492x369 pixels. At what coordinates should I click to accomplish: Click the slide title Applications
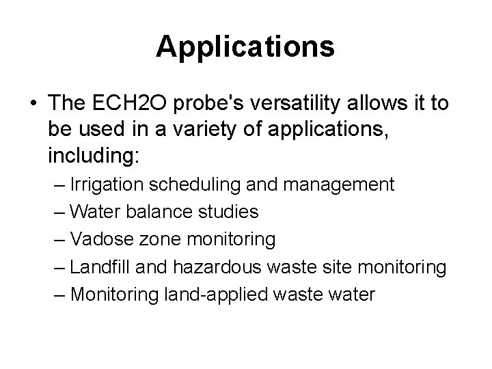click(x=245, y=47)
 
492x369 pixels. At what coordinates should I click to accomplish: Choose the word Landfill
click(x=100, y=267)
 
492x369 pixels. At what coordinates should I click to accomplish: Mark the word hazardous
click(x=219, y=267)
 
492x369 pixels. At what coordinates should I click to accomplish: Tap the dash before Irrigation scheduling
click(x=59, y=184)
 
